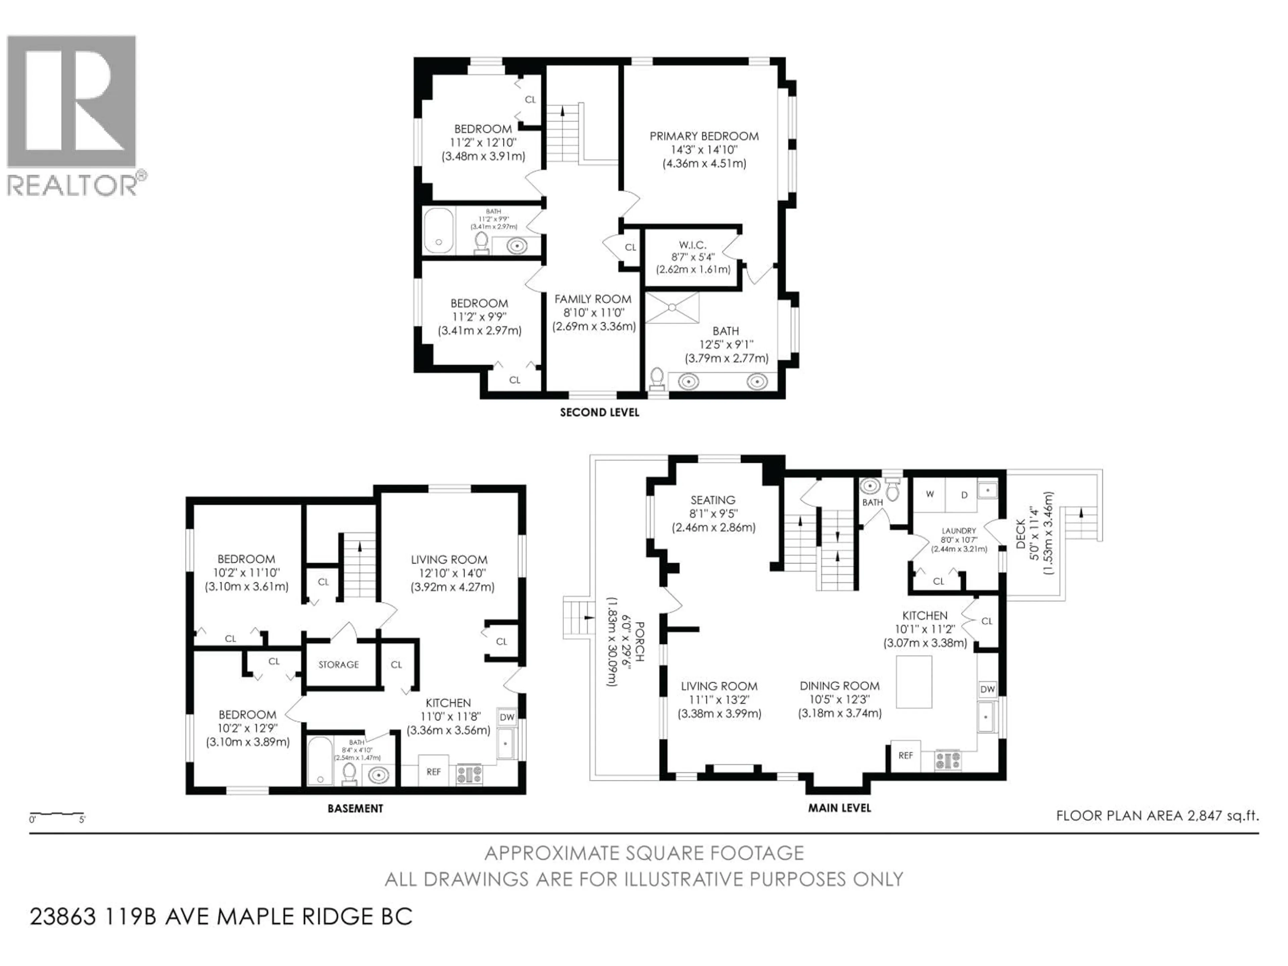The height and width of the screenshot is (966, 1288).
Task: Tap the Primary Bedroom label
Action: pos(704,136)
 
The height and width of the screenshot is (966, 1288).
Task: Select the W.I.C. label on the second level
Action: pos(692,245)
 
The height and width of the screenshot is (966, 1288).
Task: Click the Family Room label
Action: pos(593,299)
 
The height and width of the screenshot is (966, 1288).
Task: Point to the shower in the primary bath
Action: pos(672,308)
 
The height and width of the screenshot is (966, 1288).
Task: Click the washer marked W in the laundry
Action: pos(930,494)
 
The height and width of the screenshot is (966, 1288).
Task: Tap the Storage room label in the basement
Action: pos(338,664)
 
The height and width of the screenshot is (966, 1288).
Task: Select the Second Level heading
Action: pos(599,412)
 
